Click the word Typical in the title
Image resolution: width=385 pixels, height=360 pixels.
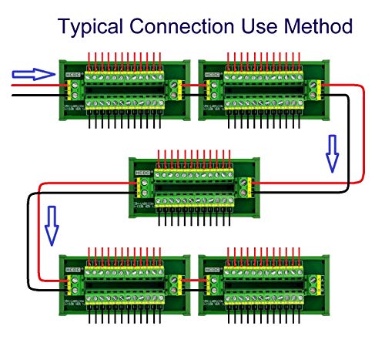90,28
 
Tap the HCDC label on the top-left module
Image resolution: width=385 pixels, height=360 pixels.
73,74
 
